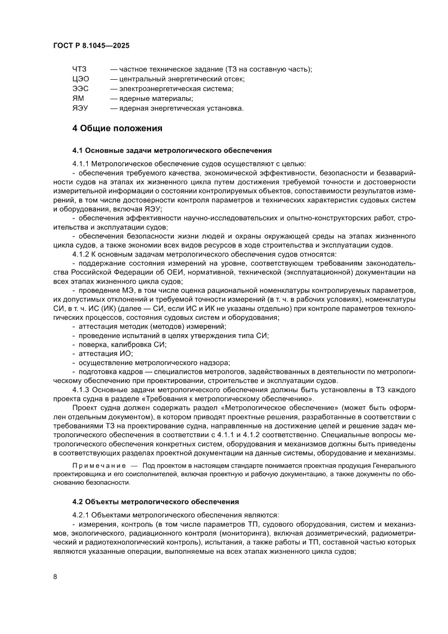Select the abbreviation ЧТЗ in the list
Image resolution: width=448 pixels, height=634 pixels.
(79, 69)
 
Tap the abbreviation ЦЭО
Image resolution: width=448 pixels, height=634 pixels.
(80, 79)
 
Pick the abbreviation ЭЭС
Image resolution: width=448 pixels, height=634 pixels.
(80, 88)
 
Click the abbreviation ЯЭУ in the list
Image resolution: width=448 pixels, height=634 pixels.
(80, 108)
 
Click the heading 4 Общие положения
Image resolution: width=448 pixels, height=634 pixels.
(118, 129)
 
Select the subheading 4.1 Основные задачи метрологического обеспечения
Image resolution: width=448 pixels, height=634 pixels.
(172, 150)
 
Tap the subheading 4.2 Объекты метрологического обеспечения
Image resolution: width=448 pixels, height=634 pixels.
(155, 501)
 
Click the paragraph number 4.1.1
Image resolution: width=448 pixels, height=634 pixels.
(81, 163)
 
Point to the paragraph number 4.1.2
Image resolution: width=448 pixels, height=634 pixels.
(81, 254)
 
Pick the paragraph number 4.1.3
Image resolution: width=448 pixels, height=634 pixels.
(81, 389)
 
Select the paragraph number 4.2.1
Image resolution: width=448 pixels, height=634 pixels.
(81, 514)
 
